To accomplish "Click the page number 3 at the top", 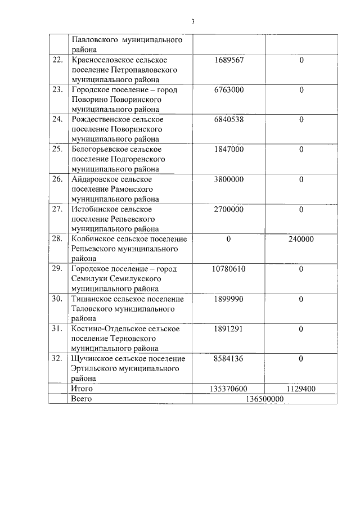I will pos(192,22).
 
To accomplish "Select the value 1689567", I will pos(229,60).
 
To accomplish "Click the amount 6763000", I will pos(229,89).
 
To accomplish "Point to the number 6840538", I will pos(229,119).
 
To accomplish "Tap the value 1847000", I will pos(229,149).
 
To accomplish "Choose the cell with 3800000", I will pos(229,179).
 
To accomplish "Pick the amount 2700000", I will pos(229,209).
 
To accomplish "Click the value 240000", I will pos(301,239).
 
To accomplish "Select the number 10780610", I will pos(229,269).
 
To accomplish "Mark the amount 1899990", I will pos(229,299).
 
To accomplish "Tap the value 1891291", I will pos(229,328).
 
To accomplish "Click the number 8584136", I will pos(229,358).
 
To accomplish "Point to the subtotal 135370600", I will pos(229,389).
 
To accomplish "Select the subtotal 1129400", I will pos(301,389).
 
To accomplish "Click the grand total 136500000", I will pos(265,399).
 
